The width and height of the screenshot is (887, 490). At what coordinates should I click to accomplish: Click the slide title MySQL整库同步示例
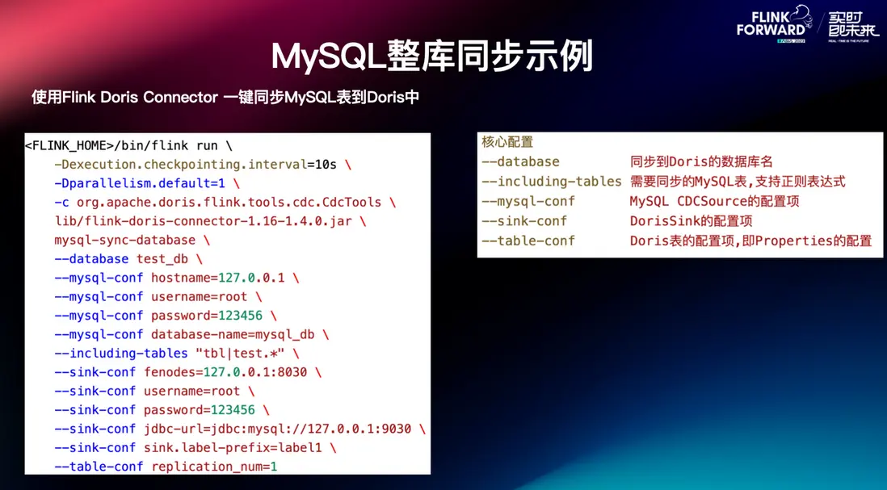pyautogui.click(x=432, y=56)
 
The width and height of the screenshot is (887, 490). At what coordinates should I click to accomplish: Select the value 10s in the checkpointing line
pyautogui.click(x=325, y=165)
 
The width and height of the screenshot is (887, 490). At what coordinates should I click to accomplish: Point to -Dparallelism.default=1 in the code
pyautogui.click(x=138, y=183)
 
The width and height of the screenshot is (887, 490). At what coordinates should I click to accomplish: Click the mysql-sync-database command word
pyautogui.click(x=124, y=240)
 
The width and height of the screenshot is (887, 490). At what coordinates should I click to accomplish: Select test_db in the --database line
pyautogui.click(x=162, y=259)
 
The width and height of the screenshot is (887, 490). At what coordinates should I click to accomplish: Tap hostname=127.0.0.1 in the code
pyautogui.click(x=217, y=278)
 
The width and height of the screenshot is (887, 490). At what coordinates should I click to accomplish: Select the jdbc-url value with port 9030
pyautogui.click(x=283, y=429)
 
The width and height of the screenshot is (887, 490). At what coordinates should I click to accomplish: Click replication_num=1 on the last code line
pyautogui.click(x=214, y=467)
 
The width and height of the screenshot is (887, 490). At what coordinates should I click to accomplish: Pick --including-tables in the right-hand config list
pyautogui.click(x=551, y=182)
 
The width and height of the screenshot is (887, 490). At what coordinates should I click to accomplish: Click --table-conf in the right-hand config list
pyautogui.click(x=528, y=241)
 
